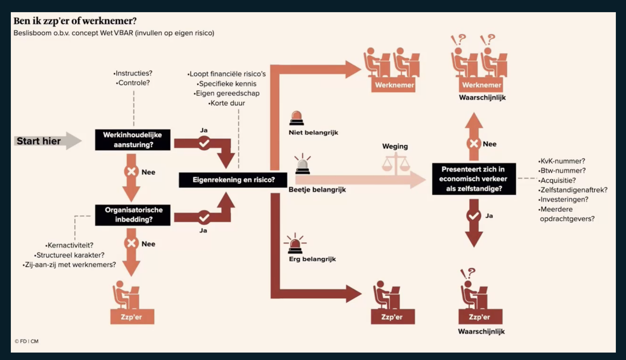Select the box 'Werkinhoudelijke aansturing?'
[x=133, y=140]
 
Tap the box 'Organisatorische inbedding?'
[x=133, y=215]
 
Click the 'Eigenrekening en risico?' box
[x=233, y=180]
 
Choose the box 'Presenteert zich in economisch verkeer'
[x=474, y=179]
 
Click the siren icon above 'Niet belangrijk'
[x=296, y=118]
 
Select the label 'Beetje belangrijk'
[x=317, y=189]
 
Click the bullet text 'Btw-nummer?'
[x=562, y=171]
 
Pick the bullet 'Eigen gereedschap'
[x=227, y=93]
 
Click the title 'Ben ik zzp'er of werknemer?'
[x=75, y=21]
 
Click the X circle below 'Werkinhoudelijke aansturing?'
[x=131, y=171]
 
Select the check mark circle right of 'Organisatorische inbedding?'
[x=204, y=218]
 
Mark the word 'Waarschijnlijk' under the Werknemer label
[x=482, y=97]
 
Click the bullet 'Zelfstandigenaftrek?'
[x=573, y=190]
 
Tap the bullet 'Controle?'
[x=133, y=83]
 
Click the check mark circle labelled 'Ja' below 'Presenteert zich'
[x=473, y=215]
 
